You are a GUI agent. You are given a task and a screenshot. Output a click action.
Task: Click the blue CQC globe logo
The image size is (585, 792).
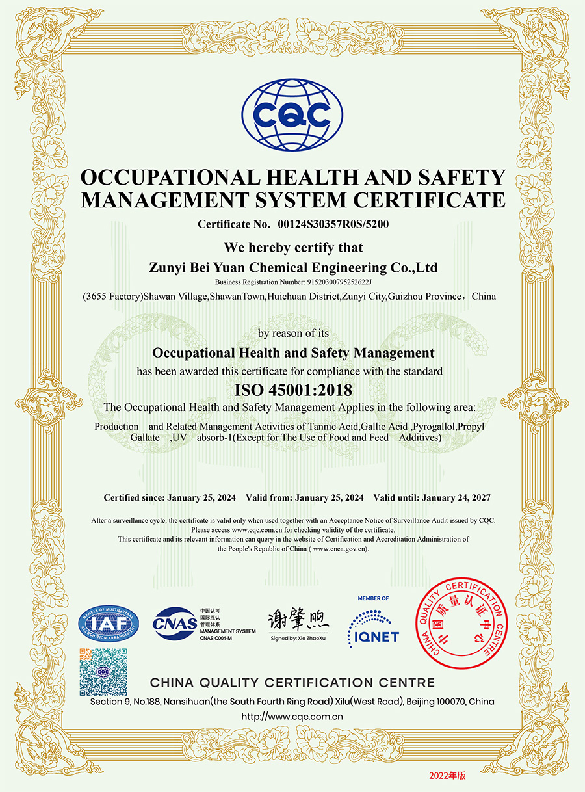click(292, 114)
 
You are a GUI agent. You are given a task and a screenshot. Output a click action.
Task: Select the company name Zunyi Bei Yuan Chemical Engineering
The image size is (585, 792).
click(293, 267)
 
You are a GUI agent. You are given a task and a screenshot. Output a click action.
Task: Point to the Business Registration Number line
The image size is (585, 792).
click(292, 282)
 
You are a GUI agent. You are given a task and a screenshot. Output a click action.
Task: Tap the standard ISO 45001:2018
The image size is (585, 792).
click(292, 390)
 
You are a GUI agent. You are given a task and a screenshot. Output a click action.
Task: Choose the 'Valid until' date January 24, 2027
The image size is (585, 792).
click(456, 497)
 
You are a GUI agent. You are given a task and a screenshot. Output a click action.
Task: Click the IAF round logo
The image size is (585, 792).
click(109, 625)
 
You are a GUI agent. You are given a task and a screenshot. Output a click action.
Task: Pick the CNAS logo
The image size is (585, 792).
click(174, 623)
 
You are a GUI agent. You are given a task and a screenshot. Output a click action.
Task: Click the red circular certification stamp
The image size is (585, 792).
click(460, 625)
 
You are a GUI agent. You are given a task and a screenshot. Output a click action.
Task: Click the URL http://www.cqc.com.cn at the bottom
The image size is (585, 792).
click(292, 717)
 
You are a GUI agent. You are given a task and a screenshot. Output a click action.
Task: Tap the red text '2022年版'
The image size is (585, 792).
click(447, 775)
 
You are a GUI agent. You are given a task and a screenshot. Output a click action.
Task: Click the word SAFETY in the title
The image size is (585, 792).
click(462, 177)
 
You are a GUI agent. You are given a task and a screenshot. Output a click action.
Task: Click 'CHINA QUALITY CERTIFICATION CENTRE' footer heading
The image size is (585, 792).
click(292, 682)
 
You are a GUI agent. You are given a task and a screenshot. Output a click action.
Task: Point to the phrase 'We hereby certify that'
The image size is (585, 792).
click(293, 247)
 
